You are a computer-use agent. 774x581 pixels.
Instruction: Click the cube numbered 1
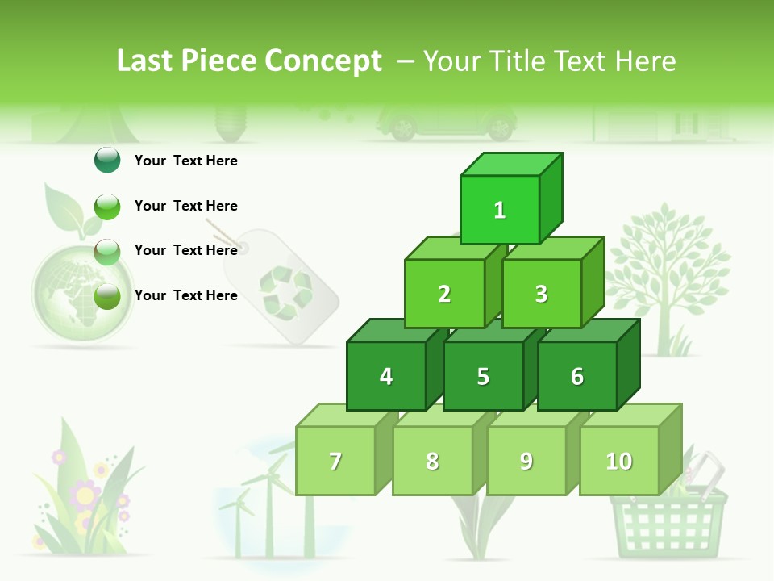tap(500, 210)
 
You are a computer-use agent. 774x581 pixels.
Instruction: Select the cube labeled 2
tap(444, 294)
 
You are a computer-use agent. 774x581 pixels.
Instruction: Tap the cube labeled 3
tap(541, 294)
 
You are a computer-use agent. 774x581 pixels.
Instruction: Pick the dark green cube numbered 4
tap(386, 376)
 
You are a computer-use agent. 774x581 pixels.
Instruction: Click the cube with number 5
tap(483, 376)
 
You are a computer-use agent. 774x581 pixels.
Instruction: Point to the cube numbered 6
tap(577, 376)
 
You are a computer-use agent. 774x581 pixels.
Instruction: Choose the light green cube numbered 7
tap(335, 461)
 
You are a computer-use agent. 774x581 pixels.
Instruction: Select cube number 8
tap(432, 461)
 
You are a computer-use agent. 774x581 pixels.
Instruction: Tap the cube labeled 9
tap(526, 461)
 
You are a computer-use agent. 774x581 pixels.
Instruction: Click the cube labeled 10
tap(619, 461)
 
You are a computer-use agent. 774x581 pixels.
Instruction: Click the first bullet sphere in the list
tap(107, 161)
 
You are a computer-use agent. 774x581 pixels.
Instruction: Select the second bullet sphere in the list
tap(107, 207)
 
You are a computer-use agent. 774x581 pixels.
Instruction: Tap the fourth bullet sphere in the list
tap(107, 296)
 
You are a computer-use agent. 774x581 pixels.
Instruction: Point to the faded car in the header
tap(447, 123)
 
